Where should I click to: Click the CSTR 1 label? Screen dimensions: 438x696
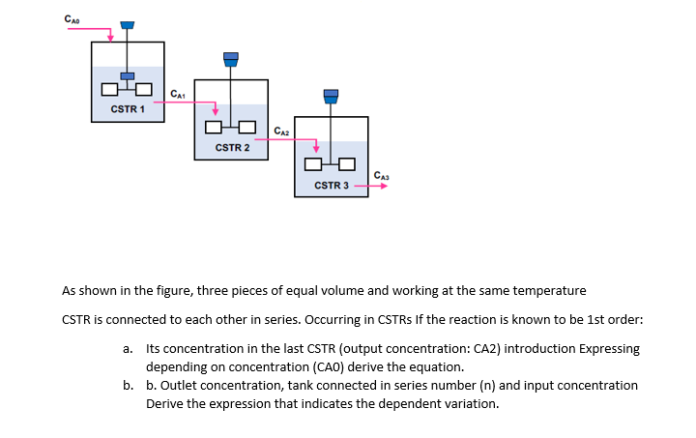[x=128, y=109]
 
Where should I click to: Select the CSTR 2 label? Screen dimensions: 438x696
[x=232, y=148]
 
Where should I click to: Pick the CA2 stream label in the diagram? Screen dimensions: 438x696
[x=280, y=131]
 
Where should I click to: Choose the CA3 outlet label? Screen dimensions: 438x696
[x=382, y=174]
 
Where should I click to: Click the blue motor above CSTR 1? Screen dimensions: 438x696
[x=128, y=23]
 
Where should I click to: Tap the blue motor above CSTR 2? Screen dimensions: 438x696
[x=230, y=58]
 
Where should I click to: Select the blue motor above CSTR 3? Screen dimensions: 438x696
[x=332, y=95]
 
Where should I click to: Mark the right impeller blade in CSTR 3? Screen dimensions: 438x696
[x=348, y=164]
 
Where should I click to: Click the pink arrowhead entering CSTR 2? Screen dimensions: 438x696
[x=215, y=108]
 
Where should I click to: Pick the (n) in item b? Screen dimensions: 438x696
[x=485, y=385]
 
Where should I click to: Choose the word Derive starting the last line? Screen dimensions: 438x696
[x=166, y=403]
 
